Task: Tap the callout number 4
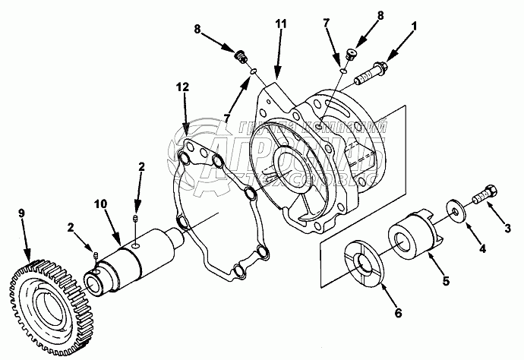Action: point(481,250)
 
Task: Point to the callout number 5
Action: point(446,281)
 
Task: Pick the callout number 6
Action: point(398,311)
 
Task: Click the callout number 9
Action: point(21,215)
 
